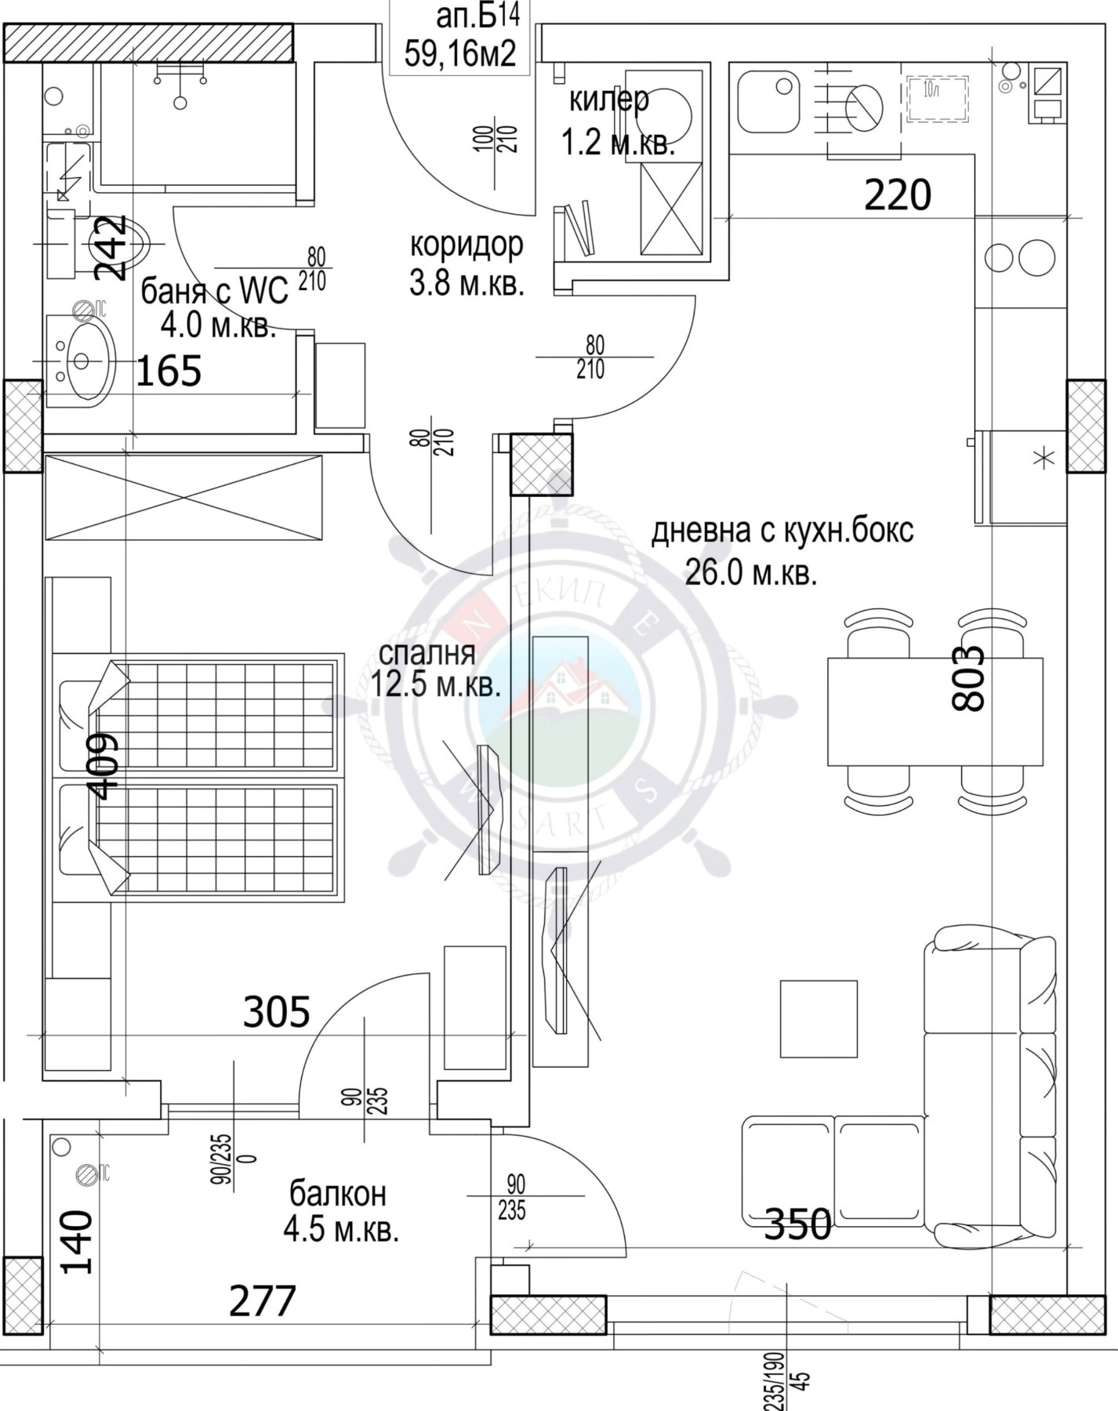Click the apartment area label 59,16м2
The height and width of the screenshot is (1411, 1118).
(x=460, y=54)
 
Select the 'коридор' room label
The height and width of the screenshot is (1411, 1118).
(x=466, y=245)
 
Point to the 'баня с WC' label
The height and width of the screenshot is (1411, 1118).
(x=214, y=292)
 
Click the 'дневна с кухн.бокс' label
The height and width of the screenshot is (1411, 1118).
(x=782, y=531)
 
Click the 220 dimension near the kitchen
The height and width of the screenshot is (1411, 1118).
(x=897, y=195)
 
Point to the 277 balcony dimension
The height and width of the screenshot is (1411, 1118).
(x=262, y=1301)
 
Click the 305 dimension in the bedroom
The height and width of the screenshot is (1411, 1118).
(x=276, y=1012)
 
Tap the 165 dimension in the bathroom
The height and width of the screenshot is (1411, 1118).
(x=169, y=371)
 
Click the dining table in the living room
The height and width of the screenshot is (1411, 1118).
(x=935, y=711)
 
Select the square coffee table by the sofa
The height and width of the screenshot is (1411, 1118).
(x=818, y=1018)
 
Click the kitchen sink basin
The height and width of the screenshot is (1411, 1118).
(x=768, y=102)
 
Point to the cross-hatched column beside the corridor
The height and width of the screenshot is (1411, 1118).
(x=541, y=464)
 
